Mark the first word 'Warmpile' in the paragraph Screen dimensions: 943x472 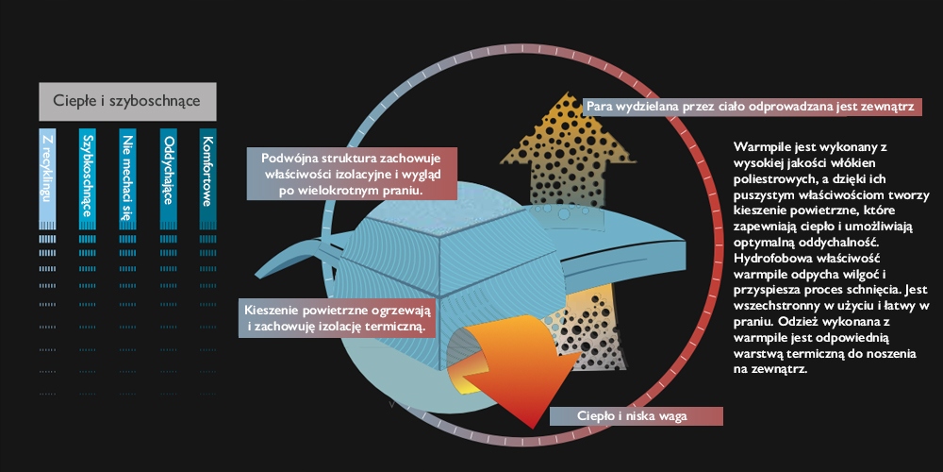coord(761,148)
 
